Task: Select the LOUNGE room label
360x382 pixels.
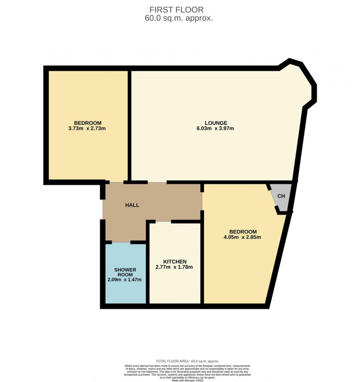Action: click(x=216, y=123)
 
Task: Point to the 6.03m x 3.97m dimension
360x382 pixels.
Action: click(x=216, y=129)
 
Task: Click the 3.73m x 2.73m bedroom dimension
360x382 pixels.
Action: click(x=88, y=129)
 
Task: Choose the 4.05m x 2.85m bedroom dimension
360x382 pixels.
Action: click(x=243, y=237)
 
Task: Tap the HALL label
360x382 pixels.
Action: click(x=132, y=205)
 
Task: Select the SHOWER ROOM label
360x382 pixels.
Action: click(x=125, y=272)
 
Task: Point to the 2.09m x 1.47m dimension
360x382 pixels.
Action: click(x=125, y=280)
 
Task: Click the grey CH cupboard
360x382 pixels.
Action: click(x=281, y=197)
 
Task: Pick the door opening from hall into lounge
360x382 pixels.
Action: click(x=157, y=182)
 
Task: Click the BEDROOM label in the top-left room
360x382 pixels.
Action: click(x=88, y=123)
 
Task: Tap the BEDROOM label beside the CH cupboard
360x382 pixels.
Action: click(x=243, y=231)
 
